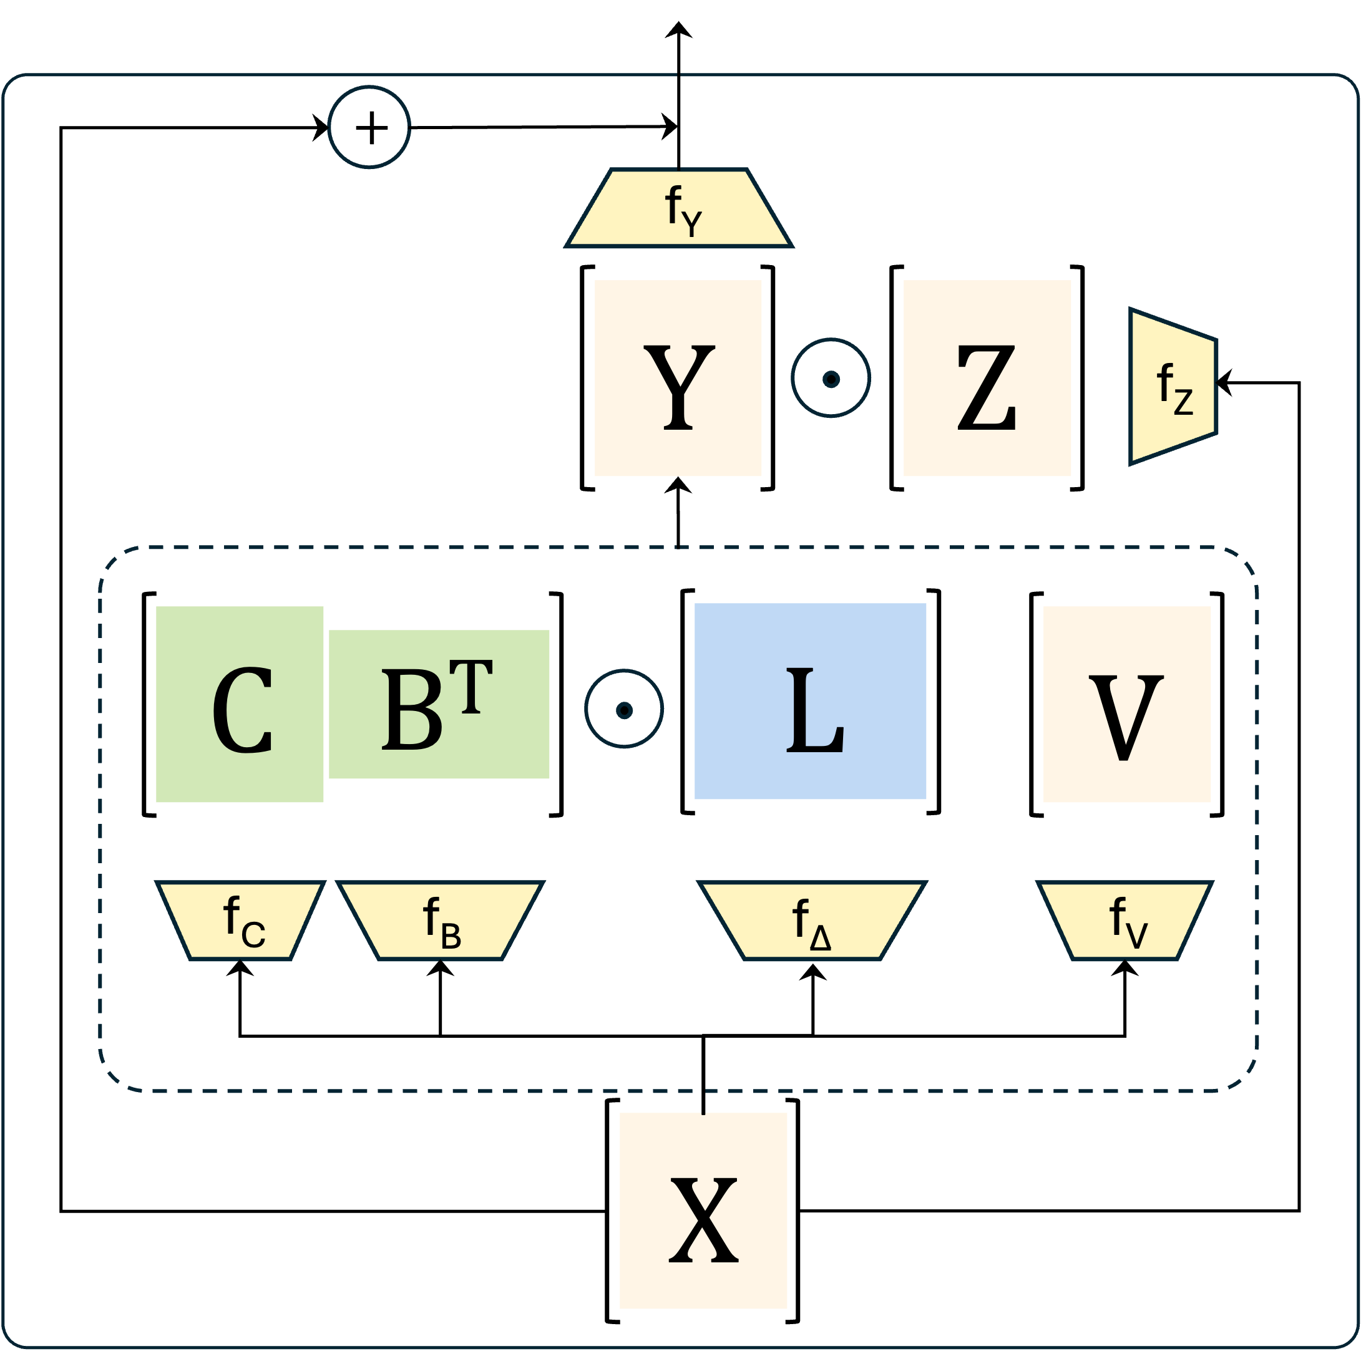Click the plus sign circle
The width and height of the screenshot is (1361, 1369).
pos(369,128)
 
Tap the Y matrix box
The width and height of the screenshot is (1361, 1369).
pos(678,379)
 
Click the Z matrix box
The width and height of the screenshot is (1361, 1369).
pos(987,379)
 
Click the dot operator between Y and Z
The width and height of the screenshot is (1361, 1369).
pos(831,379)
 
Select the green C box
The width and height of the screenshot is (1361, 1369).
pos(240,704)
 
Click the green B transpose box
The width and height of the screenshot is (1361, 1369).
pos(439,704)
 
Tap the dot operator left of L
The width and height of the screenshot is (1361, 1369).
pos(624,709)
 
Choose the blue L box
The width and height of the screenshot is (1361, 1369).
pos(810,702)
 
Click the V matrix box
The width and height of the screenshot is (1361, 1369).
pos(1127,704)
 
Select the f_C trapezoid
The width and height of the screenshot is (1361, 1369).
pos(240,921)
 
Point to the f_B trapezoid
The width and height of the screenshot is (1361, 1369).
pos(439,921)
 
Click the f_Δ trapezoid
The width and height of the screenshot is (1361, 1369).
pos(812,921)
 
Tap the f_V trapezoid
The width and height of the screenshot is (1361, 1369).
pos(1126,921)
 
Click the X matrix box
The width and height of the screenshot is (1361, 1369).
pos(703,1211)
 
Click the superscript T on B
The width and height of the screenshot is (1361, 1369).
pos(471,687)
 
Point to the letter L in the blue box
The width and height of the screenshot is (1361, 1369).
pos(814,711)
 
